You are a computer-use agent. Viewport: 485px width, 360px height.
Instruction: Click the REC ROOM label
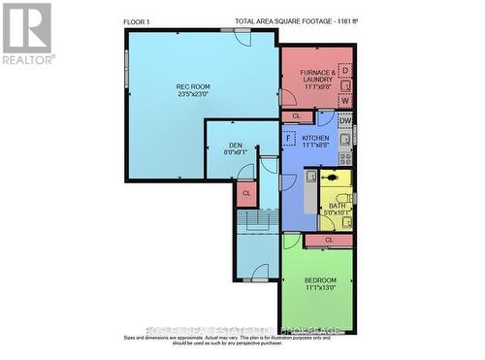point(194,87)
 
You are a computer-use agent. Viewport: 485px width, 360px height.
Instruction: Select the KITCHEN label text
point(315,139)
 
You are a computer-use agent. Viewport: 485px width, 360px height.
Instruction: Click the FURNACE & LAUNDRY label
point(317,73)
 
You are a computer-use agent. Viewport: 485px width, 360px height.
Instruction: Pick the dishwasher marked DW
point(345,120)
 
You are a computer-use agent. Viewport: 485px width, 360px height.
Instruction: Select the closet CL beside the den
point(246,193)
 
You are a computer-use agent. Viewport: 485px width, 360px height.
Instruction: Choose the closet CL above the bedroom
point(330,239)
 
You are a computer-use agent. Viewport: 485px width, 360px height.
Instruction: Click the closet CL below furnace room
point(298,116)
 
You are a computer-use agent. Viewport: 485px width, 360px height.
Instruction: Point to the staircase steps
point(254,224)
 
